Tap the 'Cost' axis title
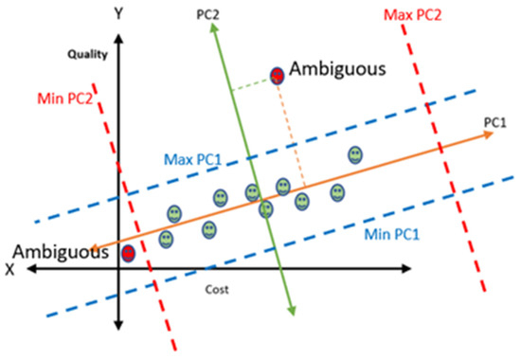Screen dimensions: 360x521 pyautogui.click(x=219, y=288)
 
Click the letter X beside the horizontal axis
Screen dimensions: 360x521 pyautogui.click(x=10, y=269)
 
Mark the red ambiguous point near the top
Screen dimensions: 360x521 pyautogui.click(x=278, y=75)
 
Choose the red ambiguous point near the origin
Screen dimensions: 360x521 pyautogui.click(x=128, y=253)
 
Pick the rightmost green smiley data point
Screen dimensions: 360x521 pyautogui.click(x=355, y=153)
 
